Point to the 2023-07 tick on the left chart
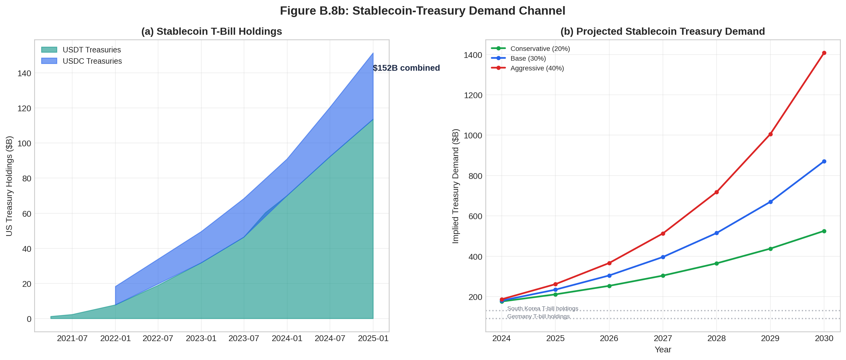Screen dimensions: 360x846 pos(244,338)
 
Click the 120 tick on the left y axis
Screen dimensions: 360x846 pos(24,109)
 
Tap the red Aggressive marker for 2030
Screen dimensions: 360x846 pos(824,53)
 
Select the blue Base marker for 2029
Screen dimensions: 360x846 pos(770,202)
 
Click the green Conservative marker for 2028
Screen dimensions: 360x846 pos(717,263)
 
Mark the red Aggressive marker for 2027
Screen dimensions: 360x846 pos(663,233)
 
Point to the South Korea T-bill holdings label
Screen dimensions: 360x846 pos(543,308)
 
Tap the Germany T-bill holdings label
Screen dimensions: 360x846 pos(538,316)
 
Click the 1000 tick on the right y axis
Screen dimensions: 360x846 pos(473,136)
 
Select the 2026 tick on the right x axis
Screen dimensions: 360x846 pos(609,338)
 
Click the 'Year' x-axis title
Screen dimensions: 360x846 pos(663,350)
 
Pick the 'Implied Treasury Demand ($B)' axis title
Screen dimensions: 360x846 pos(455,186)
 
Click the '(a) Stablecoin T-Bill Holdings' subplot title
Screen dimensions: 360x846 pos(211,31)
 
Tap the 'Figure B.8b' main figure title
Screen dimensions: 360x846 pos(422,11)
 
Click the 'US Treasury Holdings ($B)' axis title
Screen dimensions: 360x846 pos(9,186)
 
